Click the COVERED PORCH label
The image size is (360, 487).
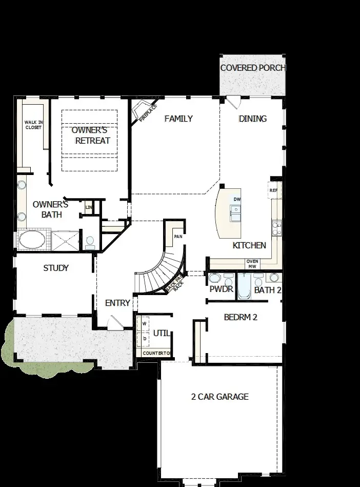(x=252, y=68)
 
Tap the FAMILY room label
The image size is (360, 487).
(x=178, y=119)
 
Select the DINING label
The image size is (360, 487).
(x=253, y=119)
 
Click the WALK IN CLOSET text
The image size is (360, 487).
(x=34, y=125)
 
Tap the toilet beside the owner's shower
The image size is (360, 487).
(x=90, y=242)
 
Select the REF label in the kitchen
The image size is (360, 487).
(x=273, y=190)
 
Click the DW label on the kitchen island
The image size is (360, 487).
(x=237, y=199)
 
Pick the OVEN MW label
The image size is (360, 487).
(x=252, y=264)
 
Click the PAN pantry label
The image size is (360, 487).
(x=178, y=237)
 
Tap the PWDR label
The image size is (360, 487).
(x=222, y=289)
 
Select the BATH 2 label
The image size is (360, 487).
(x=268, y=290)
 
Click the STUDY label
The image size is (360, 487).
(x=56, y=268)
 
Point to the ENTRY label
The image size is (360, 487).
(x=117, y=303)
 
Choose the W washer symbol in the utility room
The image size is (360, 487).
(x=144, y=324)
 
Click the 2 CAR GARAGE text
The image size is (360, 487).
(x=219, y=396)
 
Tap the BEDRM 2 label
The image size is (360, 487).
(x=241, y=317)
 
